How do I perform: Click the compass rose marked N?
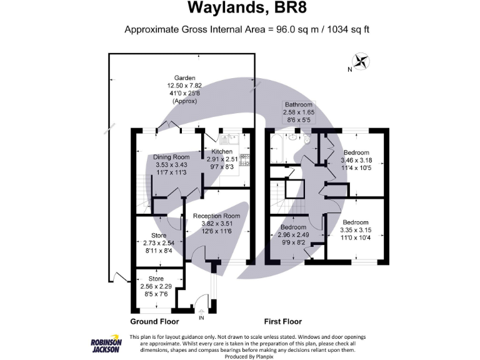[360, 61]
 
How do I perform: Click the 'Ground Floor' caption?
[154, 321]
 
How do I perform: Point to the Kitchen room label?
[222, 151]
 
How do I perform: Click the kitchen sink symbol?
[226, 139]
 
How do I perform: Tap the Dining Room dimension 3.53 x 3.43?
[172, 165]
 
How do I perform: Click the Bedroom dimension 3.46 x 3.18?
[356, 160]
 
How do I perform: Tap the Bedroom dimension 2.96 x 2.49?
[293, 234]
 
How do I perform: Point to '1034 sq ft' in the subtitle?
[347, 29]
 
